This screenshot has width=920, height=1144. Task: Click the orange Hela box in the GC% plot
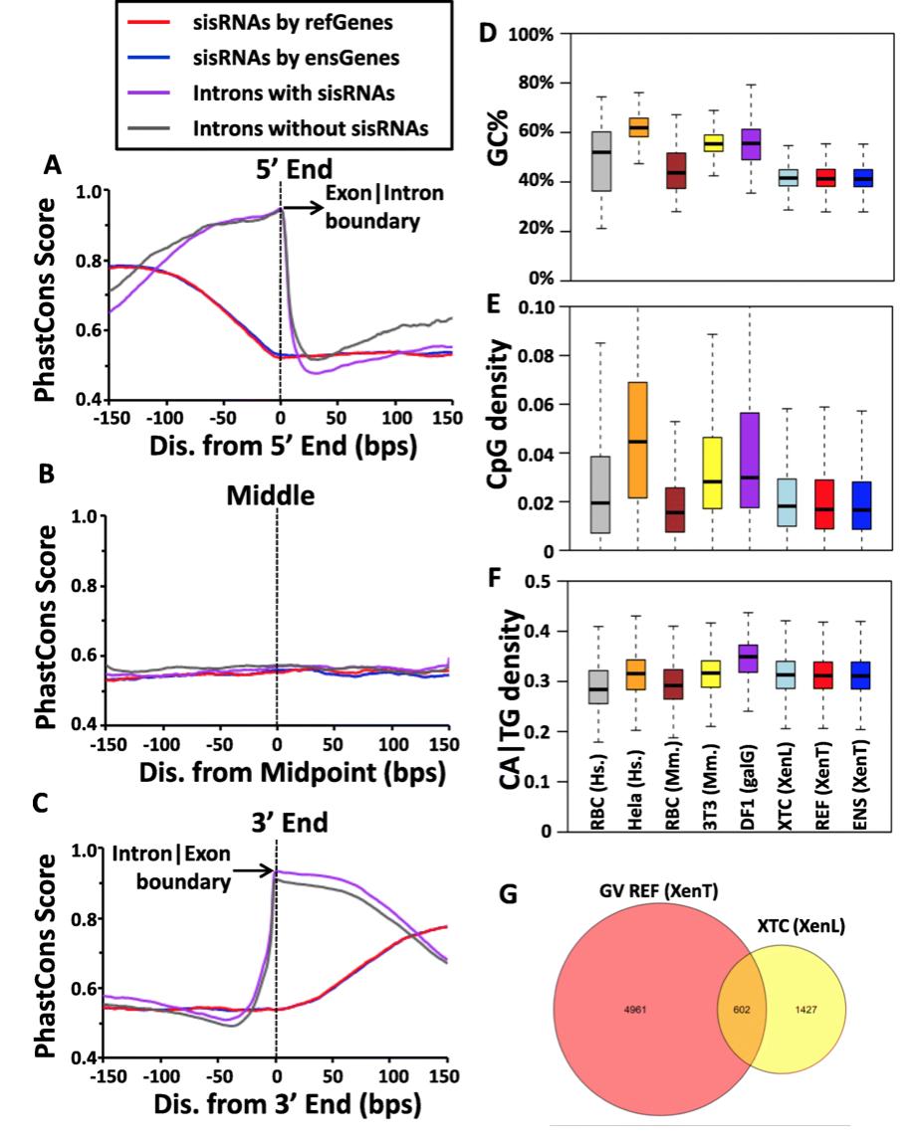638,127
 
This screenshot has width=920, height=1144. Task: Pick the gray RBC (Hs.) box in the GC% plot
601,161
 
